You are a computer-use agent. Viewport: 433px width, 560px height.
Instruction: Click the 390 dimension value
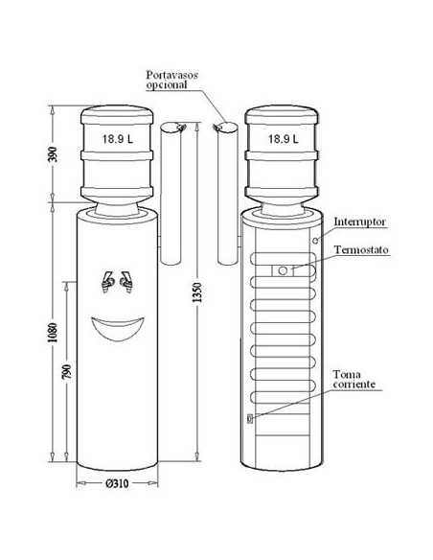(x=52, y=154)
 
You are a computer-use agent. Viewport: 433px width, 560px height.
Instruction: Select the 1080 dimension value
(x=52, y=333)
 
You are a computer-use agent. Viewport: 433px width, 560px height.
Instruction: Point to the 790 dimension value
(x=67, y=372)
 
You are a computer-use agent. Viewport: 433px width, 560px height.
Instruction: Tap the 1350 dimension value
(x=197, y=292)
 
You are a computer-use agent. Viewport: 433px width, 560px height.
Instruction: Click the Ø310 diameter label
(x=117, y=483)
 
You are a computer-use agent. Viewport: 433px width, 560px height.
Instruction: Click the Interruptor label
(x=360, y=222)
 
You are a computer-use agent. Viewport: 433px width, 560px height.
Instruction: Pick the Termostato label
(x=361, y=249)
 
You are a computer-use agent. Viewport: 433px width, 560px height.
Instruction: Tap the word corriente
(x=354, y=385)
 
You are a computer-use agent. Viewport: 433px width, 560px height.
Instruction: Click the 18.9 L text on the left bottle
(x=117, y=139)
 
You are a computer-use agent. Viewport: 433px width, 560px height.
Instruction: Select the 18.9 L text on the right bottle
(x=284, y=139)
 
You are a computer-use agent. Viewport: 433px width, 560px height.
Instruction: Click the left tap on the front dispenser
(x=107, y=282)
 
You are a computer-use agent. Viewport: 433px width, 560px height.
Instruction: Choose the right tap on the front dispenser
(x=125, y=282)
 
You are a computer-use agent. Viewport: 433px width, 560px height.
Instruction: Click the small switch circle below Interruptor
(x=315, y=241)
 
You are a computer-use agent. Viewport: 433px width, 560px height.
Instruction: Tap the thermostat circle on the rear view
(x=283, y=270)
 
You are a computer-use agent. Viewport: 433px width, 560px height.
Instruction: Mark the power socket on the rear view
(x=250, y=418)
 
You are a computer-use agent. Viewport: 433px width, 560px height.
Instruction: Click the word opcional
(x=167, y=85)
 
